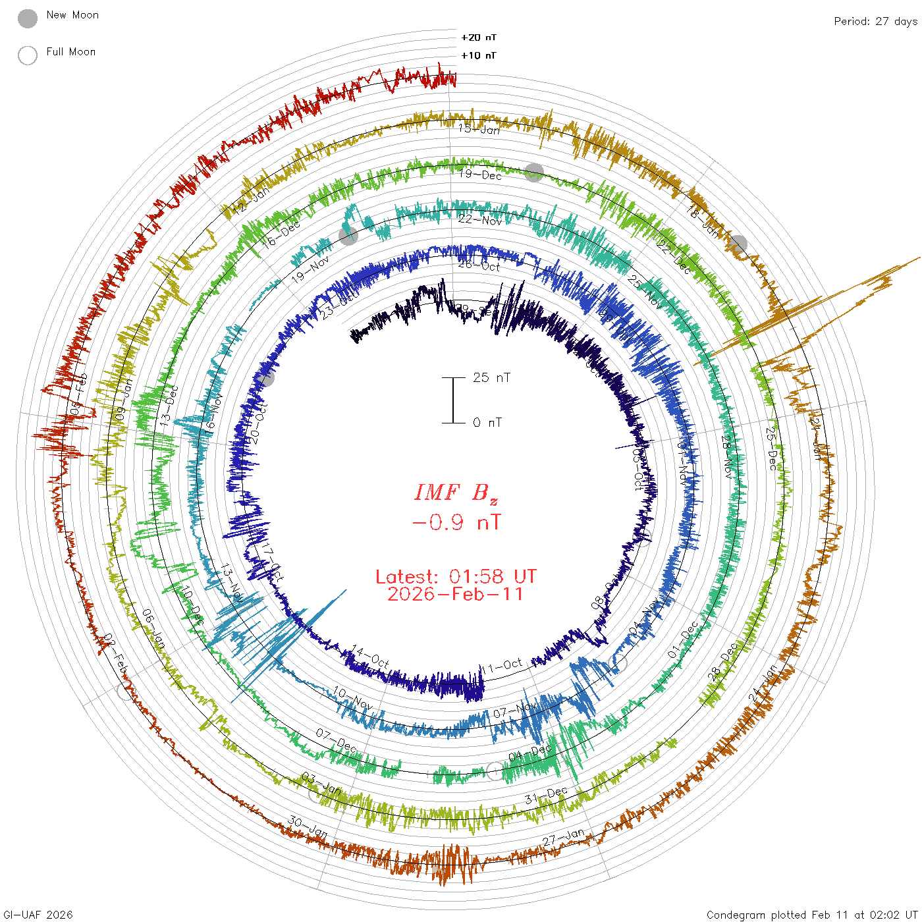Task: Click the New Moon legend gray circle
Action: [28, 19]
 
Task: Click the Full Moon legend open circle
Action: [28, 55]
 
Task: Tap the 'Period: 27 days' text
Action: [875, 21]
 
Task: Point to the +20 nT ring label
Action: [479, 38]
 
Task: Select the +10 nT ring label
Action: [479, 55]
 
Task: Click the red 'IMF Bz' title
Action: [456, 493]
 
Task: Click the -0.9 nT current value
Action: [456, 523]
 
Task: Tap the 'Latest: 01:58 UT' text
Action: [456, 577]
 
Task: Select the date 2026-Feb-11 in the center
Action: [456, 594]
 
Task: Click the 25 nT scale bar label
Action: [491, 377]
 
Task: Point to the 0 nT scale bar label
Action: [487, 422]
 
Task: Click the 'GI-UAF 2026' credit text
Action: [38, 915]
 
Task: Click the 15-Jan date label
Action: [479, 129]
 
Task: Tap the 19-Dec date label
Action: [481, 175]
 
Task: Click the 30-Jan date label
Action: [308, 827]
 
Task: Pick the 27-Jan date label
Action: [564, 838]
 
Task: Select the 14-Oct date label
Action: [370, 657]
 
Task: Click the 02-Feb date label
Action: [116, 653]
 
